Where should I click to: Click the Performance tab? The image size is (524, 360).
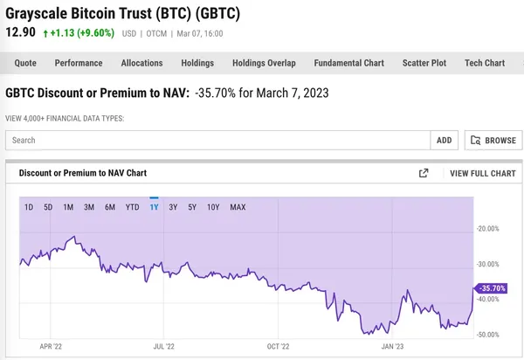click(79, 63)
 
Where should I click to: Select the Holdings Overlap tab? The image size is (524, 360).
click(264, 63)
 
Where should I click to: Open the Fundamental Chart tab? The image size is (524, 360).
click(349, 63)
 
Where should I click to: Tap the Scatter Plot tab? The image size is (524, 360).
click(424, 63)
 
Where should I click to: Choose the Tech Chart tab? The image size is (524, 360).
click(485, 63)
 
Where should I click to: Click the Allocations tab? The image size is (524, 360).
click(141, 63)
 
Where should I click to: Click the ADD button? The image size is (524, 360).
click(444, 140)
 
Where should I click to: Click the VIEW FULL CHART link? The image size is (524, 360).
click(482, 173)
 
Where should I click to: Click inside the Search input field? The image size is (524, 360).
click(218, 140)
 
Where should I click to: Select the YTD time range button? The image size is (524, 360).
click(133, 207)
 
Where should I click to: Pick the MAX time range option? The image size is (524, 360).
click(238, 207)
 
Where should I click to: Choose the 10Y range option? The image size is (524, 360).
click(213, 207)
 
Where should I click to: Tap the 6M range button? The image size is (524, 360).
click(110, 207)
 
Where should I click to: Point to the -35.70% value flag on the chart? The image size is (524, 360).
click(490, 287)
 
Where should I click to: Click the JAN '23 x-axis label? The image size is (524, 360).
click(392, 346)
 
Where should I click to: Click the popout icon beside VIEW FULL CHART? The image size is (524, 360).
click(424, 173)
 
